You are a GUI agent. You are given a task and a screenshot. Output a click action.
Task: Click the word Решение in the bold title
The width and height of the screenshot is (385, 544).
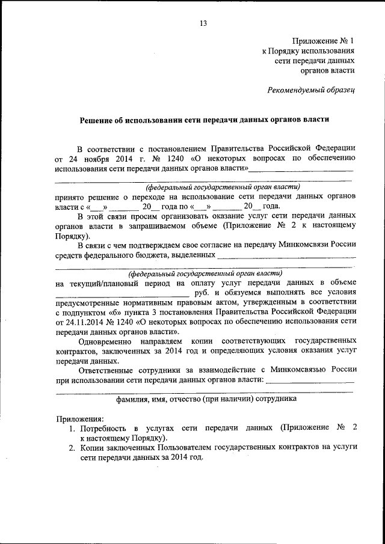click(x=97, y=119)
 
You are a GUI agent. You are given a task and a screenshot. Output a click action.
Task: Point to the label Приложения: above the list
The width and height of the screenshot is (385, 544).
click(x=79, y=418)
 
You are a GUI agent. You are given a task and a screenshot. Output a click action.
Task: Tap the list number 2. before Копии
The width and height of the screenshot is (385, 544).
click(x=71, y=448)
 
